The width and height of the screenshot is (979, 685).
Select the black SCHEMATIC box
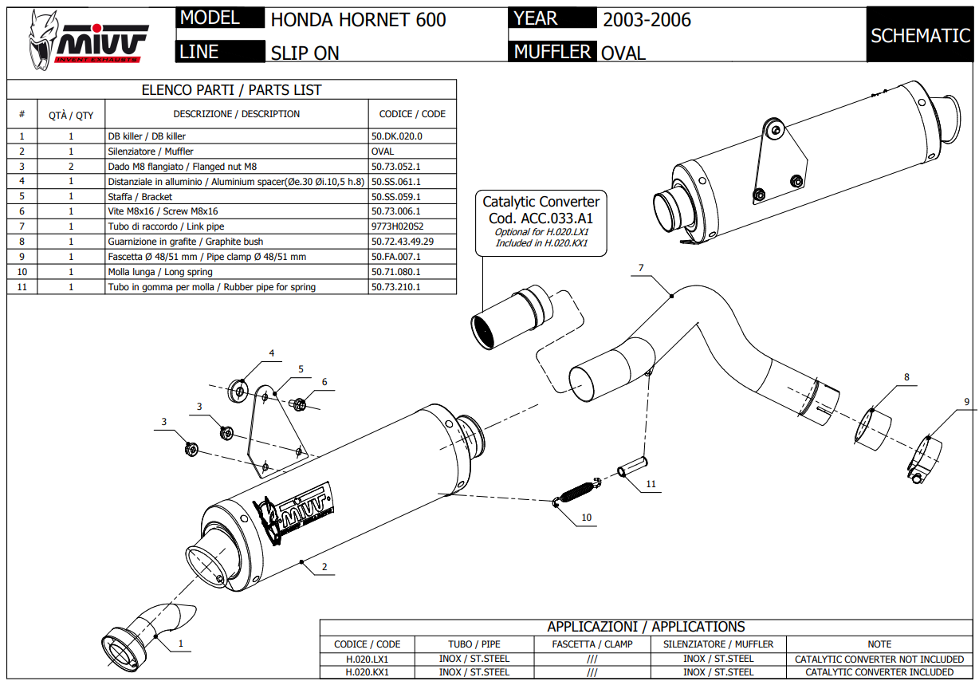[920, 35]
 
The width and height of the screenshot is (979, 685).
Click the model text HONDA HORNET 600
[358, 20]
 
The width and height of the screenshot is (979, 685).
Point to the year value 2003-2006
[647, 20]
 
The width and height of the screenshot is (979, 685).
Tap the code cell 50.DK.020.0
[396, 136]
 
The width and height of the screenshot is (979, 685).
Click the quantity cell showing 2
[71, 167]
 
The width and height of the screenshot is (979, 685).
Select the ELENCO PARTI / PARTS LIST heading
[231, 90]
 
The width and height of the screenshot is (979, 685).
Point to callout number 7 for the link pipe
[640, 267]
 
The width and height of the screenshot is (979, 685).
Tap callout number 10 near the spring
[586, 518]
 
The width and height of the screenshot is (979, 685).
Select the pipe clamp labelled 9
[923, 460]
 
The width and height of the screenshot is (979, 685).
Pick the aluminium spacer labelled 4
[238, 390]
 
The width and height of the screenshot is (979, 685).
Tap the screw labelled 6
[300, 404]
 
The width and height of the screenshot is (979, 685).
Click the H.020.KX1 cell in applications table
[367, 672]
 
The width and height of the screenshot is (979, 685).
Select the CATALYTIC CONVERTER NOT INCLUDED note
[879, 659]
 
